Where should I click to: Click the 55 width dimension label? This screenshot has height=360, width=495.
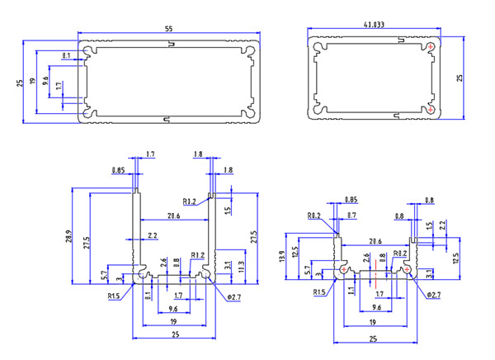[169, 29]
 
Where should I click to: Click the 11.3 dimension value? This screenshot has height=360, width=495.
[240, 267]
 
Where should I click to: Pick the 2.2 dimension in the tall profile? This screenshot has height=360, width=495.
[153, 236]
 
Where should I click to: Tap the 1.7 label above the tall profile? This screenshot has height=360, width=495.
[149, 154]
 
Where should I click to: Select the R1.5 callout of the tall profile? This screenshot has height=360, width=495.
[113, 295]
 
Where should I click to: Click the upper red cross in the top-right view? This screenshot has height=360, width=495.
[431, 47]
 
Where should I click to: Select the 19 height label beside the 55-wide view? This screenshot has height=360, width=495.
[32, 82]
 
